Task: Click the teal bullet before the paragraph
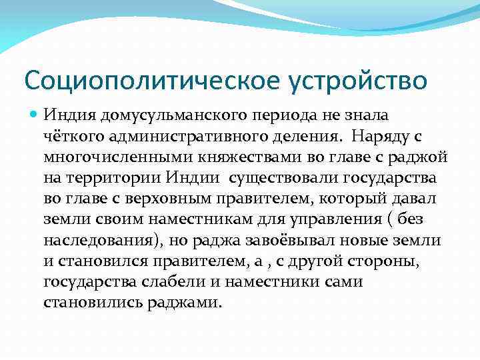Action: click(34, 115)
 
